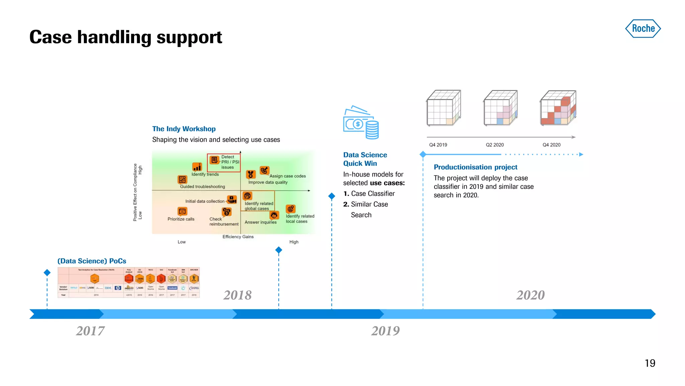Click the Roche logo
pos(643,28)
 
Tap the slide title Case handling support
pos(125,37)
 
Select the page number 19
pos(650,363)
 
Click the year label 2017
pos(90,331)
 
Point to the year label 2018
pos(237,295)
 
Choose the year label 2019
pos(385,331)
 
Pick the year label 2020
pos(530,295)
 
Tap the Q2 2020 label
pos(495,145)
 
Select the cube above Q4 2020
pos(558,108)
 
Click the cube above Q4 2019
pos(444,108)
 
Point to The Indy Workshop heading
pos(184,129)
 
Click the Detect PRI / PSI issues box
pos(224,163)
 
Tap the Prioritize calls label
pos(181,219)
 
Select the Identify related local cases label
pos(300,219)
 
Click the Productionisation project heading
pos(475,167)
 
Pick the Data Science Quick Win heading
pos(365,159)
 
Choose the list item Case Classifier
pos(373,194)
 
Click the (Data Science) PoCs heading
pos(92,261)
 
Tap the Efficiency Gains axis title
pos(238,237)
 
